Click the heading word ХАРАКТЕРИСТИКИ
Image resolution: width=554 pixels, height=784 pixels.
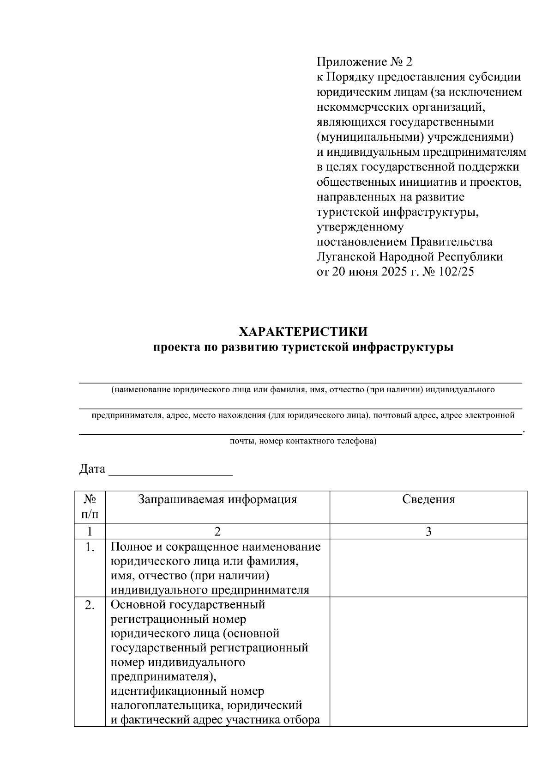pyautogui.click(x=303, y=332)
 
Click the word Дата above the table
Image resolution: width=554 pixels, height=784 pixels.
pyautogui.click(x=92, y=469)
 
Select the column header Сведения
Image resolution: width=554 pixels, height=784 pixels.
pyautogui.click(x=428, y=499)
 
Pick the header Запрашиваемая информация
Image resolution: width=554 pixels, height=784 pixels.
pyautogui.click(x=217, y=499)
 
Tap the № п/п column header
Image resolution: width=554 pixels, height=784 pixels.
pyautogui.click(x=90, y=506)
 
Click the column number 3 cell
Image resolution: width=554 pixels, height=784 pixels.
pyautogui.click(x=428, y=532)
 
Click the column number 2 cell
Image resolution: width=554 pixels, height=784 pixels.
pyautogui.click(x=217, y=532)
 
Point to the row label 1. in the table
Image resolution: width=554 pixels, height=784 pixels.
pyautogui.click(x=90, y=547)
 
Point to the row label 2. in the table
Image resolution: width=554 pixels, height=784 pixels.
pyautogui.click(x=90, y=605)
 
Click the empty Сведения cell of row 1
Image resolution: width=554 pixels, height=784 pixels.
pyautogui.click(x=428, y=568)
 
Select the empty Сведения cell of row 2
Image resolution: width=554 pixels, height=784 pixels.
pyautogui.click(x=428, y=662)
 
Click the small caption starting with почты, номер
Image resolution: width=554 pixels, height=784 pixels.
pyautogui.click(x=303, y=441)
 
